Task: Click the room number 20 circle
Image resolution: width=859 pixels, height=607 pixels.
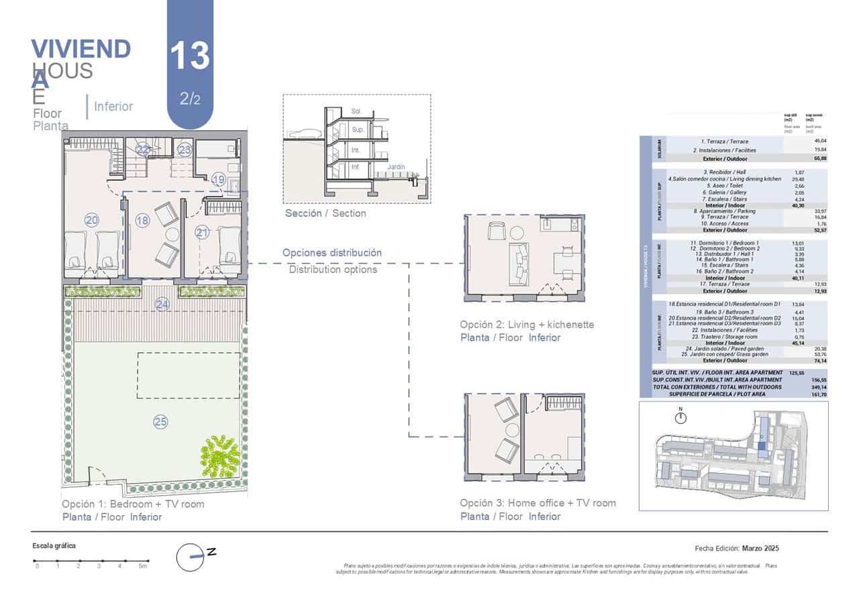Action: tap(92, 219)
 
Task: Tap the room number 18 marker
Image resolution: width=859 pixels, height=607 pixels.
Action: tap(142, 221)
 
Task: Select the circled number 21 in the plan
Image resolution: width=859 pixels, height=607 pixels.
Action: tap(203, 232)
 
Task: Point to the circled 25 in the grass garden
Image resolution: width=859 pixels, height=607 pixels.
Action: tap(160, 422)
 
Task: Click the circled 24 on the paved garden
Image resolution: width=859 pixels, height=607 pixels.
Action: tap(162, 305)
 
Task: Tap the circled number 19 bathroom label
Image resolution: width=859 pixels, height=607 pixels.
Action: tap(219, 179)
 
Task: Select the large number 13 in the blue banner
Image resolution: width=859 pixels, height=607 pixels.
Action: tap(190, 56)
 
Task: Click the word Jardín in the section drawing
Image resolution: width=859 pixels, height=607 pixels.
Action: tap(395, 166)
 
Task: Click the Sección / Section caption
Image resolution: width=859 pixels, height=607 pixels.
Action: tap(325, 213)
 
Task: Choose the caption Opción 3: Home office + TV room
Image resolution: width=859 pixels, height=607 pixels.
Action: tap(538, 503)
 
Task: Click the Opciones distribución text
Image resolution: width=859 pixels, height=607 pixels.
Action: tap(332, 253)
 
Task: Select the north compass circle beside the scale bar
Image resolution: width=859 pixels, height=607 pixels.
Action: tap(190, 557)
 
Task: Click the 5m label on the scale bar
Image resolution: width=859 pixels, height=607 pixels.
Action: tap(142, 567)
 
